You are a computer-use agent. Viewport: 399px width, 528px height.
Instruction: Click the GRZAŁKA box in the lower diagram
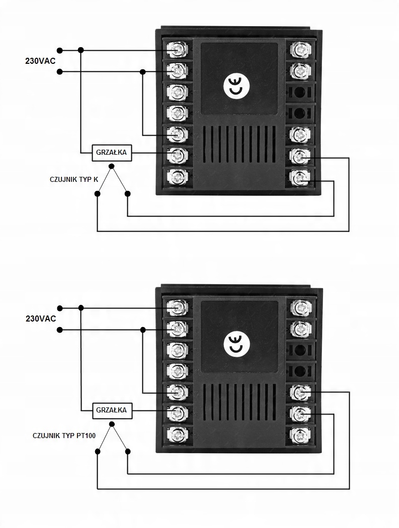pos(112,410)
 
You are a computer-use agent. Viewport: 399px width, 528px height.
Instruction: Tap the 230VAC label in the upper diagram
pos(40,61)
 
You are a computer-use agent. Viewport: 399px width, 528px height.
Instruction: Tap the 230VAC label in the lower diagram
pos(41,319)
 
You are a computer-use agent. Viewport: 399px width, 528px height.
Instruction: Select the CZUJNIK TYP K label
pos(74,179)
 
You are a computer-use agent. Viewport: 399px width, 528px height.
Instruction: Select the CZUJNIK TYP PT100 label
pos(64,436)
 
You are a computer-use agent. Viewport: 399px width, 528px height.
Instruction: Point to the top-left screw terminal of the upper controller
pos(177,50)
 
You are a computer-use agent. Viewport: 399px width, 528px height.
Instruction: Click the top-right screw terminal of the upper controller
pos(300,50)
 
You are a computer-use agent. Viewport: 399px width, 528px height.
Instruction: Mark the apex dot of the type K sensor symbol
pos(112,166)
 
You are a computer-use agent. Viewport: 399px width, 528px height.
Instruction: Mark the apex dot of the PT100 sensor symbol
pos(112,424)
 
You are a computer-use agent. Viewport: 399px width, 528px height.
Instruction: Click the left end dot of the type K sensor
pos(97,193)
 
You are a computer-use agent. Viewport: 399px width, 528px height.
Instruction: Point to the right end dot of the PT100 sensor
pos(127,452)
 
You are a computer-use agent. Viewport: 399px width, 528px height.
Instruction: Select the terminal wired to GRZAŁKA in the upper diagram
pos(177,155)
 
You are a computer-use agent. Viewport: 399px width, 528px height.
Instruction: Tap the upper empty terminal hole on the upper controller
pos(300,91)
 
